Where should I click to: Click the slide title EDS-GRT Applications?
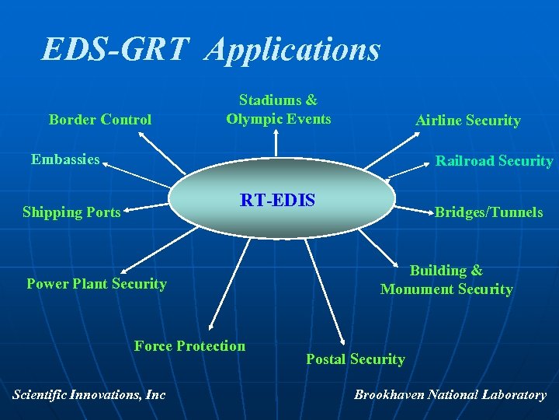click(x=211, y=50)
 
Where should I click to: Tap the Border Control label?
click(x=100, y=120)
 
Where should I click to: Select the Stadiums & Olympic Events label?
click(x=278, y=110)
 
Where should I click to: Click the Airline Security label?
click(x=467, y=121)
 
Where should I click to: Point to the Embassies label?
click(x=65, y=159)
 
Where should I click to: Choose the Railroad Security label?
click(x=494, y=161)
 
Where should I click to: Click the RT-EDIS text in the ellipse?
click(x=277, y=200)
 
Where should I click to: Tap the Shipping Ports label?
click(x=71, y=212)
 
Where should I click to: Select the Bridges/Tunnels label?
click(x=488, y=212)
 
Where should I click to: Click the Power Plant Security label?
click(x=96, y=284)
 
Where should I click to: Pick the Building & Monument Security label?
click(x=446, y=280)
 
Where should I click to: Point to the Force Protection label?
click(x=189, y=346)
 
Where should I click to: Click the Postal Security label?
click(x=355, y=359)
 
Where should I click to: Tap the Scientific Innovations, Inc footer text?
click(x=89, y=394)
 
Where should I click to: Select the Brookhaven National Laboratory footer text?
click(x=450, y=394)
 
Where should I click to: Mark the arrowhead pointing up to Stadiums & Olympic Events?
click(x=277, y=134)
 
